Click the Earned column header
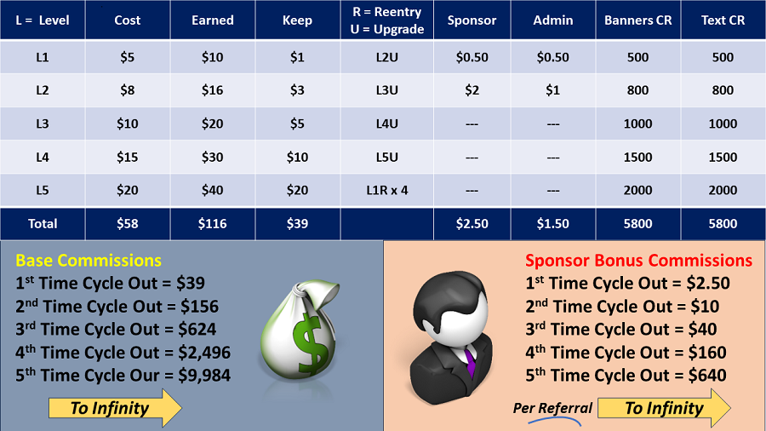pos(213,20)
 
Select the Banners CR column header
pos(638,20)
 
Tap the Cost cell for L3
pos(128,124)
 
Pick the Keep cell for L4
pos(297,157)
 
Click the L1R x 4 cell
pos(387,190)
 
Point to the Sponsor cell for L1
pos(472,57)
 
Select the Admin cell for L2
pos(552,90)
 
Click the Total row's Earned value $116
pos(213,224)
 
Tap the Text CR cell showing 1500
pos(723,157)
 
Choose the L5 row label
pos(43,190)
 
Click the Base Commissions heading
pos(89,261)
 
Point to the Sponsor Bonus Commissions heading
pos(638,261)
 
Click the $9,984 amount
pos(204,376)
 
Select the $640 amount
pos(707,376)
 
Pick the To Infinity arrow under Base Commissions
pos(115,408)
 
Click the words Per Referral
pos(552,407)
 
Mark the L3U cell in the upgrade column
pos(387,90)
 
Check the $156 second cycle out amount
pos(199,307)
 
